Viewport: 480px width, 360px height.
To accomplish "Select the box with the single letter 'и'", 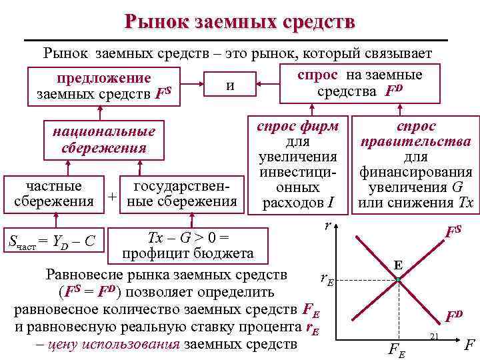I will (230, 85).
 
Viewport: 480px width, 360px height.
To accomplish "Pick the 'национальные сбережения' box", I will (104, 139).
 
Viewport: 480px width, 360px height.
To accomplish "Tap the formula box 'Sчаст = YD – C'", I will (49, 241).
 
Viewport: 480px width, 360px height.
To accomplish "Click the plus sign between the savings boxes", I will (113, 197).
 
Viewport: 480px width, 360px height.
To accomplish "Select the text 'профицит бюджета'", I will (187, 253).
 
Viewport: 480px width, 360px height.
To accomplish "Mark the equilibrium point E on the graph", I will (397, 278).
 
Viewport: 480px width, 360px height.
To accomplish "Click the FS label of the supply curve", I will (453, 231).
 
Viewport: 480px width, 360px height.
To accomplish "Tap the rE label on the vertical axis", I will (326, 279).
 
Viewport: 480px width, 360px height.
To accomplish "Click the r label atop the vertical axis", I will (326, 226).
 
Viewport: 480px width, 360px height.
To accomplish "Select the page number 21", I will (433, 335).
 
